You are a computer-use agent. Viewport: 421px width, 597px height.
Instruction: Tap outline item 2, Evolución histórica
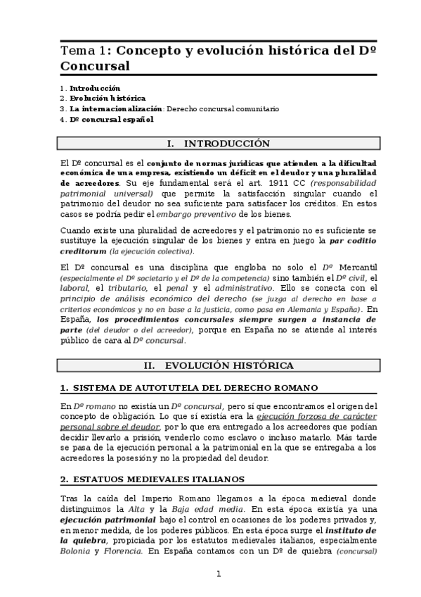tap(108, 99)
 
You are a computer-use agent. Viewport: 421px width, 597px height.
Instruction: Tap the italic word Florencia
tap(119, 552)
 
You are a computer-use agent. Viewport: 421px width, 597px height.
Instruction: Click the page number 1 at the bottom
tap(219, 574)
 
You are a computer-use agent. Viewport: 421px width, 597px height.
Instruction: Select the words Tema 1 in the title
tap(84, 51)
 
